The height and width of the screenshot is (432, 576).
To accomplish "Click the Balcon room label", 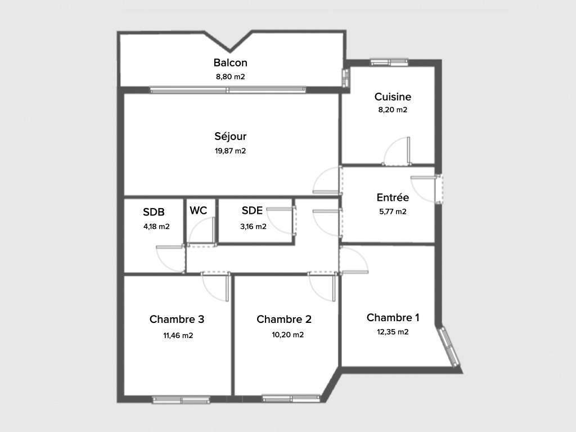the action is tap(230, 62).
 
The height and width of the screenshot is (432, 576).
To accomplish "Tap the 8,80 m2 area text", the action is tap(230, 76).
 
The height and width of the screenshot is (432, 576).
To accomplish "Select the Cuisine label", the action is tap(393, 97).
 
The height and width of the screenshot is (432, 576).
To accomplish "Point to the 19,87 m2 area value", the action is tap(230, 151).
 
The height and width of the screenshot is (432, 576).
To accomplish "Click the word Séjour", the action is tap(230, 136).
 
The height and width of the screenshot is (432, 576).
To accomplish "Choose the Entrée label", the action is tap(393, 197).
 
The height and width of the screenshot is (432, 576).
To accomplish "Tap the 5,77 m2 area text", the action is tap(393, 211).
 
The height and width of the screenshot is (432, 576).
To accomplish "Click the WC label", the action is tap(199, 210).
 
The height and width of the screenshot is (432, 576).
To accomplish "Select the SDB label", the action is tap(154, 212).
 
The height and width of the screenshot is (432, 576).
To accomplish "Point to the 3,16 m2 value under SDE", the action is tap(253, 227).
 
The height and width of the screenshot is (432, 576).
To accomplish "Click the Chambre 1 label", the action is tap(393, 317).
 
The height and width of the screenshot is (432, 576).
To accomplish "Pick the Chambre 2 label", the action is tap(284, 319).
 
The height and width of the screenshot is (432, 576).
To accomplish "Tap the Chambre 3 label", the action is tap(177, 319).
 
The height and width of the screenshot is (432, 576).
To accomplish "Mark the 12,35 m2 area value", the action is tap(393, 332).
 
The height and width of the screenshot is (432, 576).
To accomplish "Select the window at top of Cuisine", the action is tap(389, 62).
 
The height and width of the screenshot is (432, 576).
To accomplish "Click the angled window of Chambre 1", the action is tap(450, 346).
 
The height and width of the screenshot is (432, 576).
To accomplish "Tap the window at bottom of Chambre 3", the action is tap(181, 400).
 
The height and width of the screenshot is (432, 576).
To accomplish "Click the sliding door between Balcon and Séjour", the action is tap(228, 90).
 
